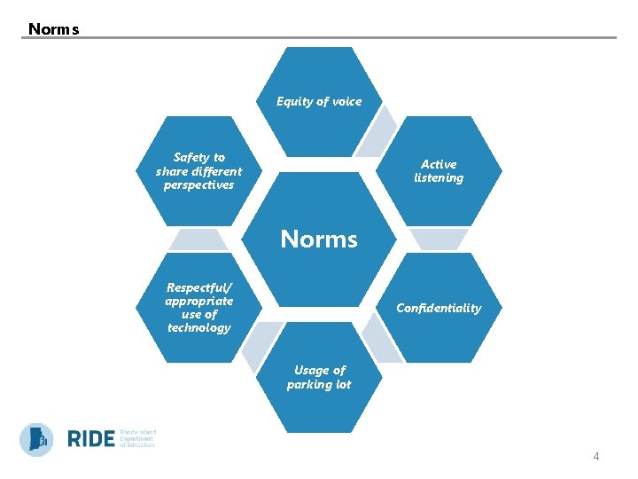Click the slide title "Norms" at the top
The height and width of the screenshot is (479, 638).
(53, 29)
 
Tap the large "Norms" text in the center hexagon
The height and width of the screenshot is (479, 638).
(319, 239)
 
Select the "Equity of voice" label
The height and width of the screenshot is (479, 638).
(319, 101)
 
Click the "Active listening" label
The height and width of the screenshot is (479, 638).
(439, 171)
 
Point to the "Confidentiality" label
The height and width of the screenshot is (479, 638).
(439, 308)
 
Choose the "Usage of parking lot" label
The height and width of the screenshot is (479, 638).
(319, 377)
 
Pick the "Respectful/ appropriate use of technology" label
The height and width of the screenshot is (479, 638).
(198, 307)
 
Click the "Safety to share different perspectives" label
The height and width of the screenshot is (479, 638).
(198, 171)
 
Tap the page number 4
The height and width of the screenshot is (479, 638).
(595, 457)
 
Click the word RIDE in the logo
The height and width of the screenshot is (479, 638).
(90, 439)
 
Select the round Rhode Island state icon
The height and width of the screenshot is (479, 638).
(37, 439)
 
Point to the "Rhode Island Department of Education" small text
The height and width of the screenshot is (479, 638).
(136, 438)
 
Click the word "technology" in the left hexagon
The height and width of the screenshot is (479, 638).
(198, 328)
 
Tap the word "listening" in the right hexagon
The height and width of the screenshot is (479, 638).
(439, 178)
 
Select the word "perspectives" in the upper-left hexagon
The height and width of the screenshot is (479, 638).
(198, 185)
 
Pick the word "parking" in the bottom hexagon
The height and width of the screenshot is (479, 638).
(307, 385)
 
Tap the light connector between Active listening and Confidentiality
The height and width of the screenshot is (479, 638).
(440, 239)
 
